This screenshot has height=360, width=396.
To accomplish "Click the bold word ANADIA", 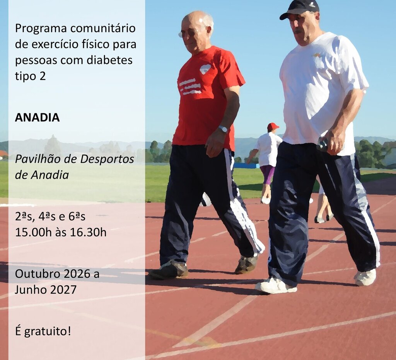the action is pyautogui.click(x=38, y=118).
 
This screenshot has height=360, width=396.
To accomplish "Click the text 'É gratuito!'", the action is pyautogui.click(x=43, y=331).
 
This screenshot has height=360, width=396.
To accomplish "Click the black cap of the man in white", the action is pyautogui.click(x=300, y=9).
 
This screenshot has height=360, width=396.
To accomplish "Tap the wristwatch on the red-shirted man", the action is pyautogui.click(x=223, y=129).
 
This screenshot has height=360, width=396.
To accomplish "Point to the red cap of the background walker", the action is pyautogui.click(x=273, y=126).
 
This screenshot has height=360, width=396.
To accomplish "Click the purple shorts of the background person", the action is pyautogui.click(x=267, y=174).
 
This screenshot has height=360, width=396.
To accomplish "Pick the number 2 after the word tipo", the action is pyautogui.click(x=43, y=76).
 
